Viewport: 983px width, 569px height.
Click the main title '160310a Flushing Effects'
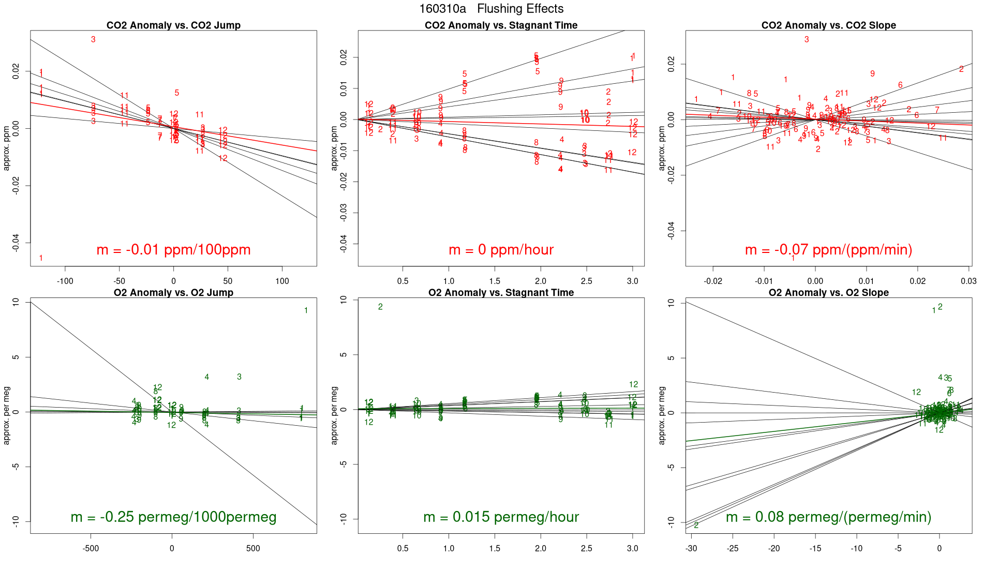tap(491, 9)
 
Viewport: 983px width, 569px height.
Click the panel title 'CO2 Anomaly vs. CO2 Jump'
tap(173, 25)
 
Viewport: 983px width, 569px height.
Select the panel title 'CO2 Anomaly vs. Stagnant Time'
tap(501, 25)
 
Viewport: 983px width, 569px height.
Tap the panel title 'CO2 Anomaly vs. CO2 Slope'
tap(828, 25)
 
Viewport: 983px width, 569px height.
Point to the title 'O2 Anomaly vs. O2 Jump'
tap(173, 293)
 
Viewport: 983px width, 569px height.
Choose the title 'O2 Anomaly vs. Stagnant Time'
tap(501, 293)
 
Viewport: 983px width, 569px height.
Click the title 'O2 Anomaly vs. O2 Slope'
tap(828, 293)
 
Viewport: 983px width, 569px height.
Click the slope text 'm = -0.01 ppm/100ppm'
tap(173, 250)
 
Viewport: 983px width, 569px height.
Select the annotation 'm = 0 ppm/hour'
tap(501, 250)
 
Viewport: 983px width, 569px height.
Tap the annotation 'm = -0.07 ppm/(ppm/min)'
tap(828, 250)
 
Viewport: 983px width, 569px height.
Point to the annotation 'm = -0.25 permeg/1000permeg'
tap(173, 517)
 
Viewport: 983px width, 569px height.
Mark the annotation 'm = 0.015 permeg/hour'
tap(501, 517)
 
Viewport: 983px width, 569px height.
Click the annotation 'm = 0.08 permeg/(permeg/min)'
tap(828, 517)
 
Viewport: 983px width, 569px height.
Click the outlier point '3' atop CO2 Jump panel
tap(93, 39)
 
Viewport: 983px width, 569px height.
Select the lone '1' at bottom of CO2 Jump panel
tap(41, 258)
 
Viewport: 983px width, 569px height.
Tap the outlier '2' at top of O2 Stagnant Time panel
tap(380, 307)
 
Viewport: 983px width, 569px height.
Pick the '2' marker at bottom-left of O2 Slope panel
tap(696, 526)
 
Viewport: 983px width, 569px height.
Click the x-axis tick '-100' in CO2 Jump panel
tap(65, 281)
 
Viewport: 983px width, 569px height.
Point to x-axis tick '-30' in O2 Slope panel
tap(691, 548)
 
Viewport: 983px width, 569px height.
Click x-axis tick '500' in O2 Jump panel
tap(253, 548)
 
